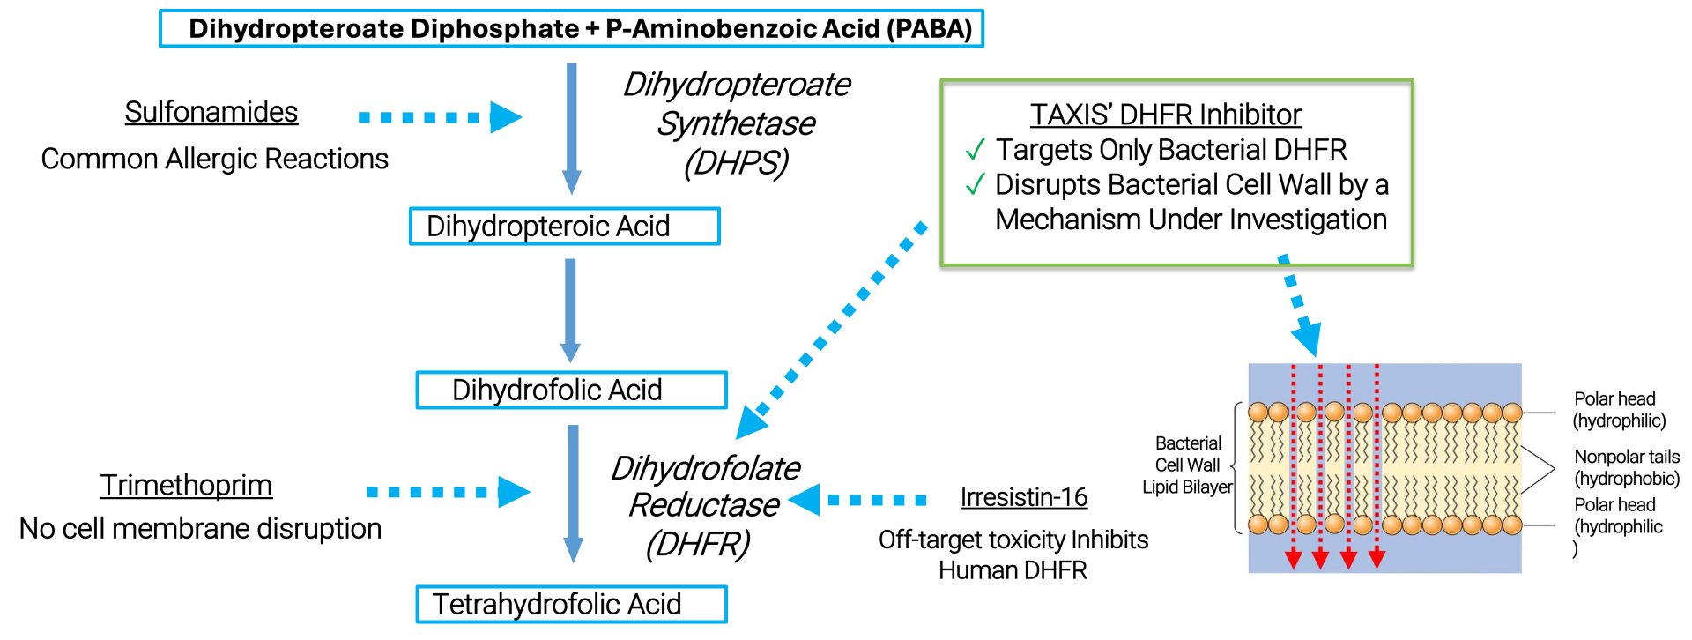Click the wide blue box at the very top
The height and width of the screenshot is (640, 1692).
click(x=571, y=28)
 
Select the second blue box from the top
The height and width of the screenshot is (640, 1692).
click(x=565, y=227)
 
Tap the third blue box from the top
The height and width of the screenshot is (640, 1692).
click(x=572, y=391)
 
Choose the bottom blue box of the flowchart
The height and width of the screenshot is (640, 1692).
click(x=572, y=605)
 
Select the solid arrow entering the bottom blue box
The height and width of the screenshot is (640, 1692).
click(x=574, y=494)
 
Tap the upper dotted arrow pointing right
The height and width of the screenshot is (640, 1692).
click(x=441, y=117)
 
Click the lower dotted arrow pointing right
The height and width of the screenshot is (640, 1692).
click(x=449, y=492)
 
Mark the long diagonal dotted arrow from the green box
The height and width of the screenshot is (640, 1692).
click(x=832, y=330)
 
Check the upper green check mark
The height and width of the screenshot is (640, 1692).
click(x=976, y=149)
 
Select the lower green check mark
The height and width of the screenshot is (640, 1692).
click(x=976, y=183)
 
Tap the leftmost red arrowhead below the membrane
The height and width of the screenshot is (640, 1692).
click(x=1294, y=559)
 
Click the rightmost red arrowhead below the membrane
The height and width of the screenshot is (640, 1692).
click(x=1377, y=559)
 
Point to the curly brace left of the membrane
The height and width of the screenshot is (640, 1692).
click(x=1236, y=468)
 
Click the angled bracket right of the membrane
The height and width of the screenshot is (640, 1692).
click(x=1538, y=468)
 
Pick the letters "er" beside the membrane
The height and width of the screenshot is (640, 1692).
click(x=1228, y=487)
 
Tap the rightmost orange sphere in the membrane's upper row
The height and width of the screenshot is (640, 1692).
click(x=1512, y=413)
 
